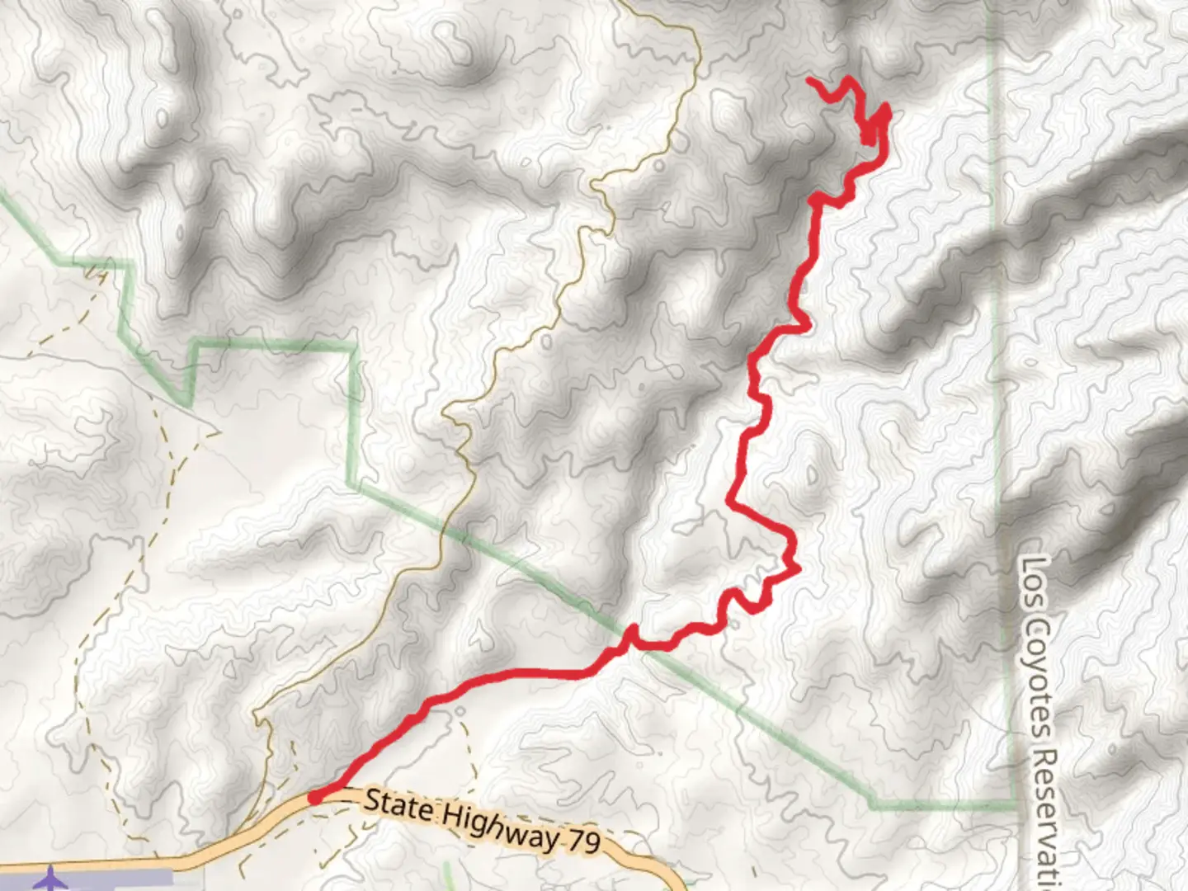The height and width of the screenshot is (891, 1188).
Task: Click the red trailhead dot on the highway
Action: (315, 797)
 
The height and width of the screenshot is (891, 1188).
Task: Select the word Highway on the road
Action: (498, 827)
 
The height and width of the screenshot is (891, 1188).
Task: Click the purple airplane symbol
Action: (52, 878)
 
